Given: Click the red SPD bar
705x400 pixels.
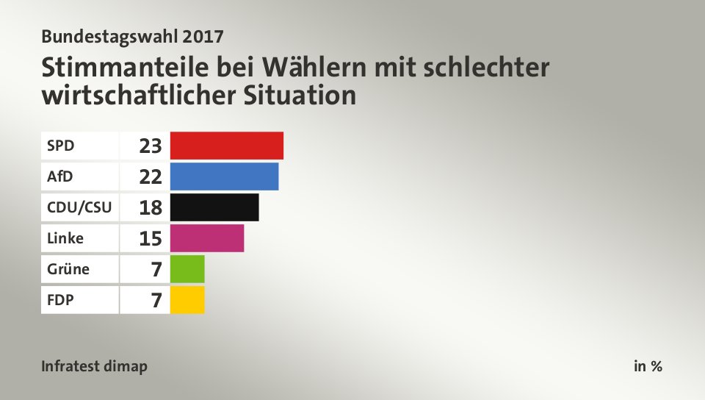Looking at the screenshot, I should click(226, 146).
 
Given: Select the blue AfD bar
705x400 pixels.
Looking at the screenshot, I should click(224, 176).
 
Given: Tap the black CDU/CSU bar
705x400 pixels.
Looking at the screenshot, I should click(214, 207).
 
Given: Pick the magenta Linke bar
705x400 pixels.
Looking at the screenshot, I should click(206, 238).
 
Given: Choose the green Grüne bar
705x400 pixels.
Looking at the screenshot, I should click(187, 269).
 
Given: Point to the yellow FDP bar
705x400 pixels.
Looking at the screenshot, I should click(187, 300).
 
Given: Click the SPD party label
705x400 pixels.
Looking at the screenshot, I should click(60, 146).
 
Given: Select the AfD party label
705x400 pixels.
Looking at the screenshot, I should click(60, 176).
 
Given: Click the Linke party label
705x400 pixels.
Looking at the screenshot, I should click(65, 238).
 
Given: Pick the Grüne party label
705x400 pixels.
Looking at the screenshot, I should click(68, 269).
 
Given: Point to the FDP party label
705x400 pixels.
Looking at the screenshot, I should click(59, 300).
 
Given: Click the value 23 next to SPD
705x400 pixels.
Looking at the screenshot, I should click(150, 146).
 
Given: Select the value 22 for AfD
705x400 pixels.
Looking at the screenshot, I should click(150, 177).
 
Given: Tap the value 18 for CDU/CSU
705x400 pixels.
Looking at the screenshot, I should click(150, 208).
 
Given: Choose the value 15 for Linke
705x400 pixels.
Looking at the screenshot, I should click(150, 239).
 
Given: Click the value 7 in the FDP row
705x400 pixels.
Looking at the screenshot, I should click(156, 301).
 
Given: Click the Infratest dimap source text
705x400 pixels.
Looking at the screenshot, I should click(94, 366).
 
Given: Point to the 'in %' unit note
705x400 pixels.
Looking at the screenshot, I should click(648, 366).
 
